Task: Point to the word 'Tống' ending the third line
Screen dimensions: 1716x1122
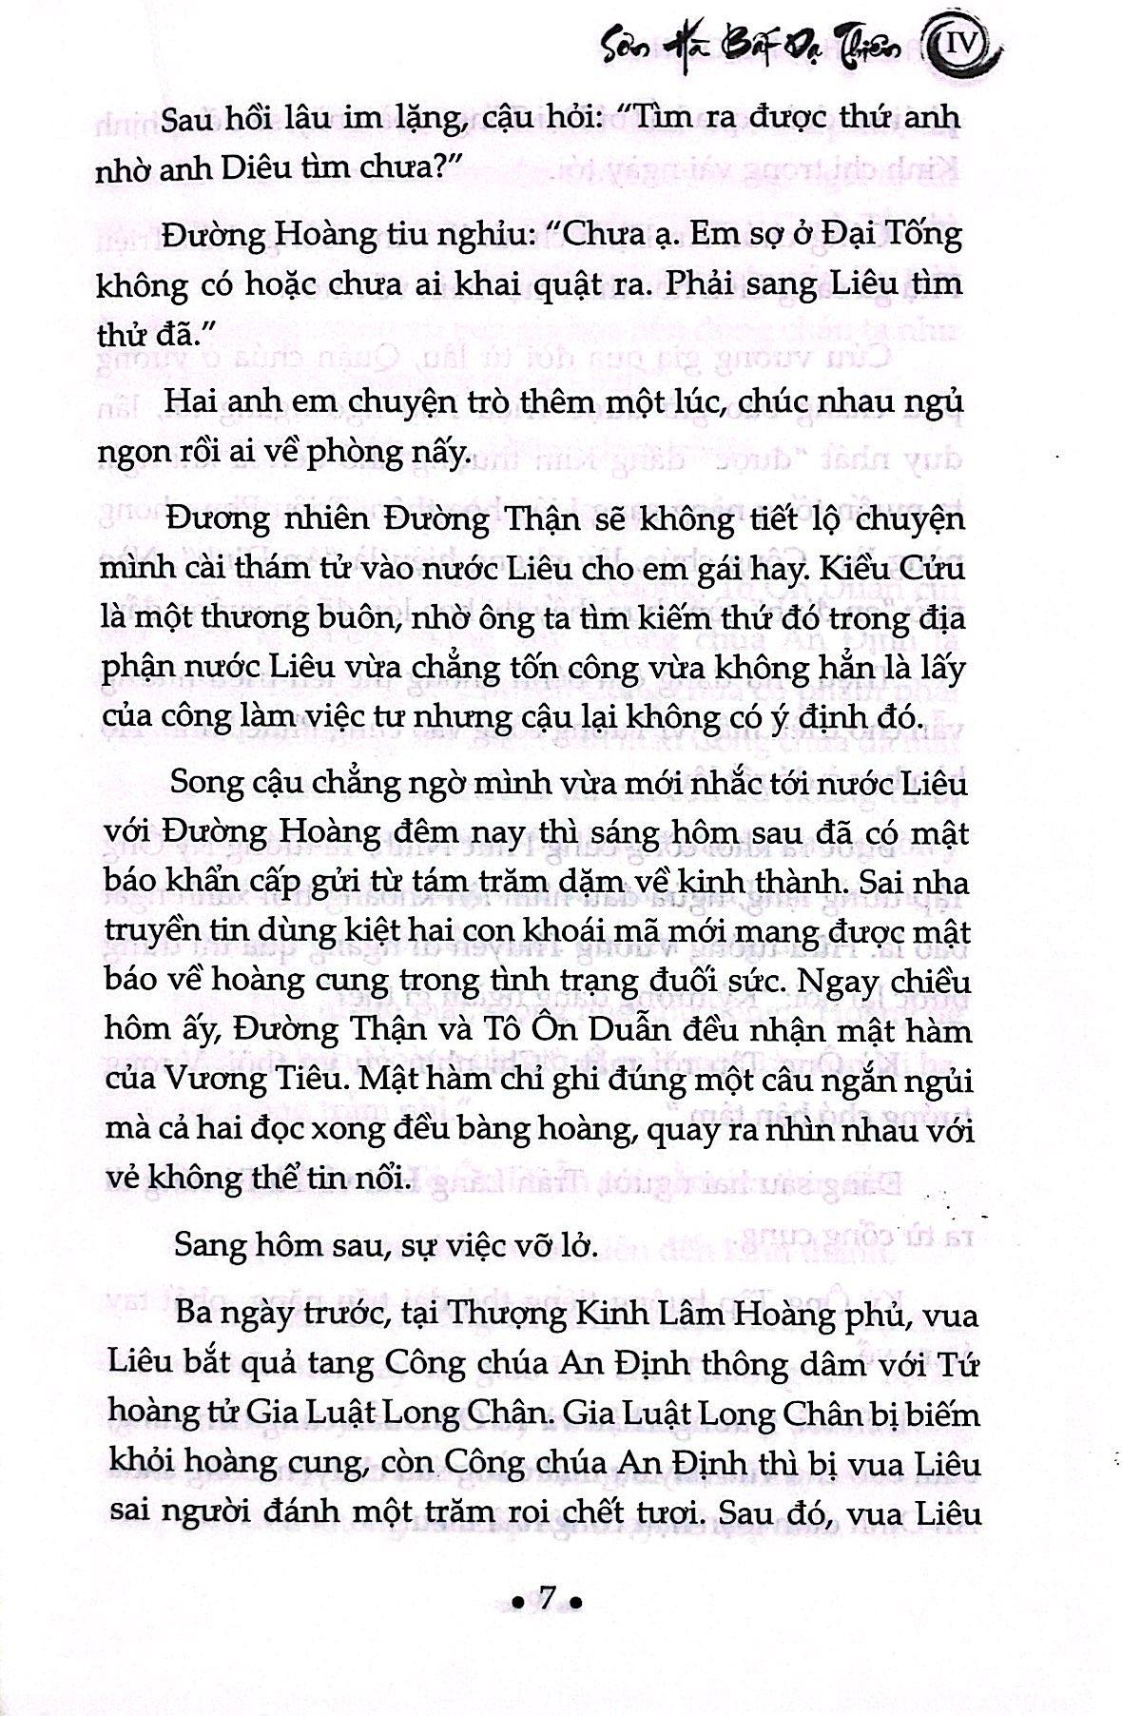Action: click(921, 234)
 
